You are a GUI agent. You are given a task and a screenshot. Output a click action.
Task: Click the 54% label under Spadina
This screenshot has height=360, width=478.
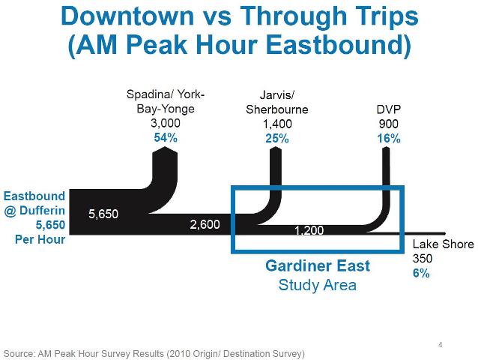[166, 138]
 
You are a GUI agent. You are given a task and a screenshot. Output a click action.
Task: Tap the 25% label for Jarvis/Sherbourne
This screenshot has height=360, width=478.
[276, 138]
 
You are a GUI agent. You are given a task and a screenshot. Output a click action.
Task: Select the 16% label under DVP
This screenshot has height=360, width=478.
[388, 138]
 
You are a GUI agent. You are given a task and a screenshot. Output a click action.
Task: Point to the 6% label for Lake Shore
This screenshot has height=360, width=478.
[421, 274]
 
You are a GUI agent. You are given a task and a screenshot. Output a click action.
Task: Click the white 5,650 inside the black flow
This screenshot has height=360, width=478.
[103, 214]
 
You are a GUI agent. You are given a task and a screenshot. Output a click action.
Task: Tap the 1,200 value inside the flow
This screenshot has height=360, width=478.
[308, 230]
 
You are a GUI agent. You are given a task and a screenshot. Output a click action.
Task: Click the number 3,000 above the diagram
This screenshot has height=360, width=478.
[166, 124]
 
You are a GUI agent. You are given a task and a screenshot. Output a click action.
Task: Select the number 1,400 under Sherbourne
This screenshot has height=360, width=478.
[276, 124]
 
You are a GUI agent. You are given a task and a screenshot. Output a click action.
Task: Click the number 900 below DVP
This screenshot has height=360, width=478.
[388, 124]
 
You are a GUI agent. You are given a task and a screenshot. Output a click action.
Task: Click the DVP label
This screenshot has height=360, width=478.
[388, 109]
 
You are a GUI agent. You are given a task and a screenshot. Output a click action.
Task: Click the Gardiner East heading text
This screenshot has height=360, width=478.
[318, 266]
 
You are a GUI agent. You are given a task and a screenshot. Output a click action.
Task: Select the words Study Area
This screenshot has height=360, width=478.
[317, 285]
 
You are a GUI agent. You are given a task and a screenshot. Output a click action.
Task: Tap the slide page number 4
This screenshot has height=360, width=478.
[440, 345]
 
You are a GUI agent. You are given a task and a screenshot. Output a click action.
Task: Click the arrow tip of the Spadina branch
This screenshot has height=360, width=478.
[166, 149]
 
